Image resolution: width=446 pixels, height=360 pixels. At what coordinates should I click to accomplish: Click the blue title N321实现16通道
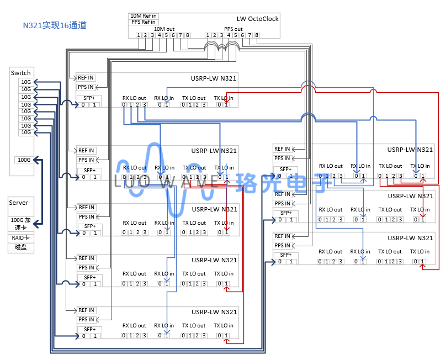click(x=55, y=25)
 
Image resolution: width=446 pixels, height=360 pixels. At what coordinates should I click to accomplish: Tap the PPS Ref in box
click(x=143, y=22)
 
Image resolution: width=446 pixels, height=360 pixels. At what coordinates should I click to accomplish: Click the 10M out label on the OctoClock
click(x=163, y=29)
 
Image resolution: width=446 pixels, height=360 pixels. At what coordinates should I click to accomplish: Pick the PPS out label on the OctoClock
click(x=233, y=29)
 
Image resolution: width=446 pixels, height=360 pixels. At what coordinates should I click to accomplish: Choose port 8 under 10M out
click(x=188, y=35)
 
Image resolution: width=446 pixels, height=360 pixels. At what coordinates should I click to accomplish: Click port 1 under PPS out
click(x=208, y=35)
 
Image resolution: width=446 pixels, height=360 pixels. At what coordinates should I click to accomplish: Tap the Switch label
click(x=21, y=73)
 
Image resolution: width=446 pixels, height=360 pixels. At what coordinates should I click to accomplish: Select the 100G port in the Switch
click(x=24, y=160)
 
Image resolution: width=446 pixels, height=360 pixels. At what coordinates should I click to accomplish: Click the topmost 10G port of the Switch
click(x=26, y=82)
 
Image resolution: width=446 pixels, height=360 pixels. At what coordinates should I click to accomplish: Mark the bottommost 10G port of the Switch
click(x=26, y=133)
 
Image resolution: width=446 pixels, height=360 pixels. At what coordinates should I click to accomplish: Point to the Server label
click(x=19, y=203)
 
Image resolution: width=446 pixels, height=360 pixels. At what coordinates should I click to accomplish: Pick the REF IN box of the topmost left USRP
click(x=86, y=78)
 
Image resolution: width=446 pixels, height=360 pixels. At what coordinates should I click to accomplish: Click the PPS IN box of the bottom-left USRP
click(x=86, y=320)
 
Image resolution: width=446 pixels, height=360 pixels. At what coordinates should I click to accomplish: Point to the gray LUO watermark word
click(x=135, y=181)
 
